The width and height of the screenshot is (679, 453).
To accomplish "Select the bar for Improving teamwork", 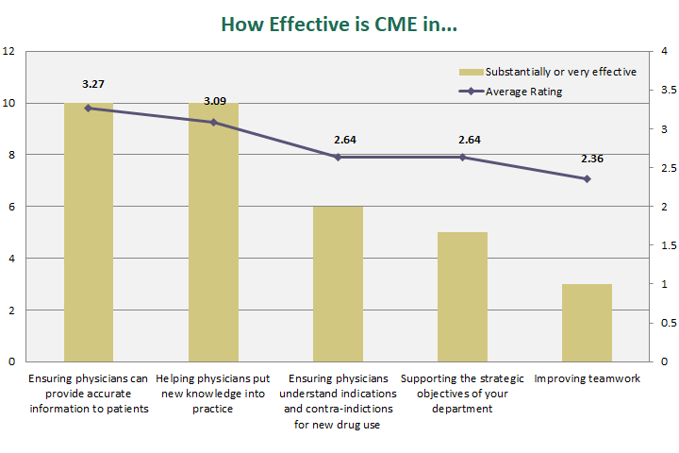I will point(587,322).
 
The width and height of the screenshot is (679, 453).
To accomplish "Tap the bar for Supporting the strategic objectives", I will point(462,296).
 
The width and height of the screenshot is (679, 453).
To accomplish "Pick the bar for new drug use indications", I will point(338,283).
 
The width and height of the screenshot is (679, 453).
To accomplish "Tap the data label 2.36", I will point(587,159).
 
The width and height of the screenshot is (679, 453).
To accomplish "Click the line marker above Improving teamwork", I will point(587,178).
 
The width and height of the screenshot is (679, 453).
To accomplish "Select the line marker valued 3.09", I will point(213,122).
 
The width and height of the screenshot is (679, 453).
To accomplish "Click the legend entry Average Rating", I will point(523,92).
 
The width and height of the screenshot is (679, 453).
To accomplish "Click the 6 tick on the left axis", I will point(11,206).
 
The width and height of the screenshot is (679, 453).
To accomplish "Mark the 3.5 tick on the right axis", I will point(666,91).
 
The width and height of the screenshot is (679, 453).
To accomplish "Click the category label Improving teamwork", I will point(587,379).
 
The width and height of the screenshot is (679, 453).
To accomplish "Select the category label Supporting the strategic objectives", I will point(462,394).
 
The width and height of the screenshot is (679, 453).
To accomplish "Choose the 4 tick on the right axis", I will point(664,51).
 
